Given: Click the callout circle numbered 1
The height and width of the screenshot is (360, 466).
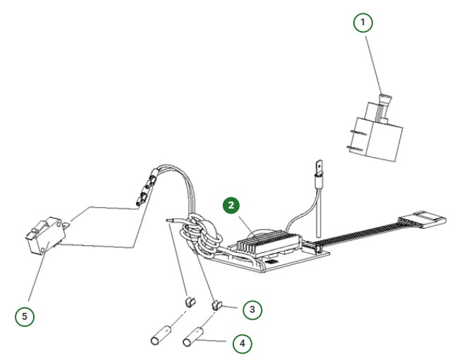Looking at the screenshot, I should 362,23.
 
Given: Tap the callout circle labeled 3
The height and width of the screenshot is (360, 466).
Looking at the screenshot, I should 252,309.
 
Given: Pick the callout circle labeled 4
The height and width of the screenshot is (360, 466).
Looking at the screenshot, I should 242,343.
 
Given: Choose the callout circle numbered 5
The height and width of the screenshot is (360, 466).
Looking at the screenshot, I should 25,316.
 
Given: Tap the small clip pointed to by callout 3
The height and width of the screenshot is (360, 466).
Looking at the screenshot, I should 218,306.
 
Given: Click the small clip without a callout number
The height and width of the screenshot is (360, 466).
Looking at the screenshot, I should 188,302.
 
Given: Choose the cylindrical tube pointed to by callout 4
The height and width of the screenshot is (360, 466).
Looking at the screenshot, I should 192,337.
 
